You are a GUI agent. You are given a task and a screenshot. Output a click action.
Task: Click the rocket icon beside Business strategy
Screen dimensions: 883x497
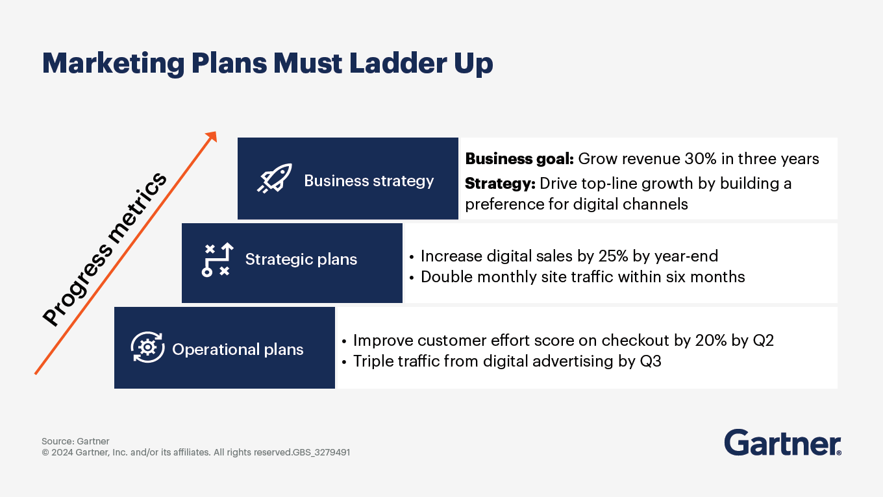(x=275, y=178)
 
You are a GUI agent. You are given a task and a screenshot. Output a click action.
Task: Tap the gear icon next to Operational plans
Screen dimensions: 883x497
(x=147, y=347)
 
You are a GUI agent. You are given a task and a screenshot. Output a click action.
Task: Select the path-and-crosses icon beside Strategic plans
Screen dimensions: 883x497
(x=218, y=260)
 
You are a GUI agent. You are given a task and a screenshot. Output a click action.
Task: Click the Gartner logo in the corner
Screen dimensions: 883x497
(x=782, y=442)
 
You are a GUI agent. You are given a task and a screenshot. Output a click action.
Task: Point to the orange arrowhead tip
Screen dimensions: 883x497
(x=216, y=132)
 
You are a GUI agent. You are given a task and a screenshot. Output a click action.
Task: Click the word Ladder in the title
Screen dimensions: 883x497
(x=398, y=63)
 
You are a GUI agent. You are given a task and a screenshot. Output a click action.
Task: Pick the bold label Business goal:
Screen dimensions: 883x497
(x=519, y=159)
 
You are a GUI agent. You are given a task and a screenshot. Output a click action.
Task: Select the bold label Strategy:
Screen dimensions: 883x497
(x=500, y=184)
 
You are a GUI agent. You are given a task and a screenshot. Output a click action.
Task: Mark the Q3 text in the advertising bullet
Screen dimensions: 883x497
(x=651, y=361)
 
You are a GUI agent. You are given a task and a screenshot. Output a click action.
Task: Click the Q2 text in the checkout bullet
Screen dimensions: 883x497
(x=763, y=340)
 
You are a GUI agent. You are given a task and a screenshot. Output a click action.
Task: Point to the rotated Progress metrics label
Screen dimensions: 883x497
(x=105, y=249)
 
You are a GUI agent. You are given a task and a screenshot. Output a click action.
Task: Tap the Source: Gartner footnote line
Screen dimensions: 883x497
(x=75, y=441)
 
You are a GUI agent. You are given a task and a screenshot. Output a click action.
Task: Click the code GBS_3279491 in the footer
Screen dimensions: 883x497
(x=321, y=452)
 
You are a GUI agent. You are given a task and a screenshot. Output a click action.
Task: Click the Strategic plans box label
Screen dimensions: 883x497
(x=301, y=259)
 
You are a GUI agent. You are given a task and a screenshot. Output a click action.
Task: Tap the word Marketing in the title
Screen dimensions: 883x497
(x=113, y=64)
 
